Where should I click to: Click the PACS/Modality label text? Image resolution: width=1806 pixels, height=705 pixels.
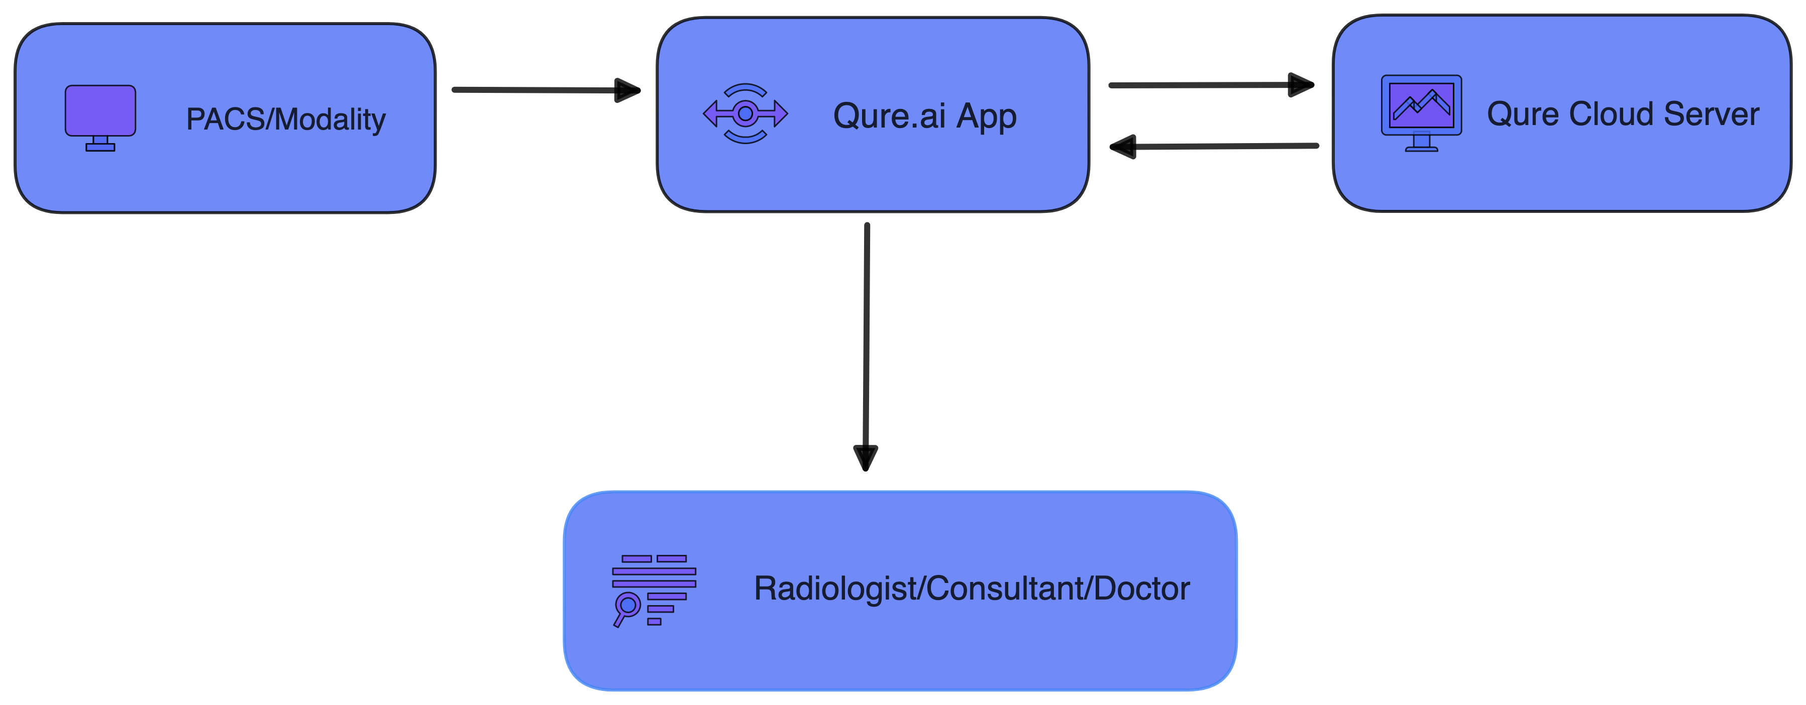(x=285, y=119)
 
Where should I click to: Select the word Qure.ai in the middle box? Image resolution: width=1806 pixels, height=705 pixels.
(x=889, y=115)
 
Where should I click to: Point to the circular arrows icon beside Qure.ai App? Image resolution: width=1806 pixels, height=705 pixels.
(x=745, y=113)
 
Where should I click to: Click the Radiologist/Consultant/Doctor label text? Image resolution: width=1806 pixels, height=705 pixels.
(x=972, y=589)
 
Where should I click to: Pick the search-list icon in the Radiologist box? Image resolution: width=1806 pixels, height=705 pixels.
(x=654, y=590)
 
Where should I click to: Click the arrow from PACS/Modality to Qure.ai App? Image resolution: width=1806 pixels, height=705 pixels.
(x=533, y=90)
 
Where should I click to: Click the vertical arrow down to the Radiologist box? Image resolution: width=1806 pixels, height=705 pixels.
(x=867, y=336)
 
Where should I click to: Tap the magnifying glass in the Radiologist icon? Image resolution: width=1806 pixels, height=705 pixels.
(x=627, y=605)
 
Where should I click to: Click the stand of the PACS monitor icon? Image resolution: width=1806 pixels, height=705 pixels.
(x=100, y=144)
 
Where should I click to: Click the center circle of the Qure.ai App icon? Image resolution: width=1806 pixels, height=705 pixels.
(x=745, y=113)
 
